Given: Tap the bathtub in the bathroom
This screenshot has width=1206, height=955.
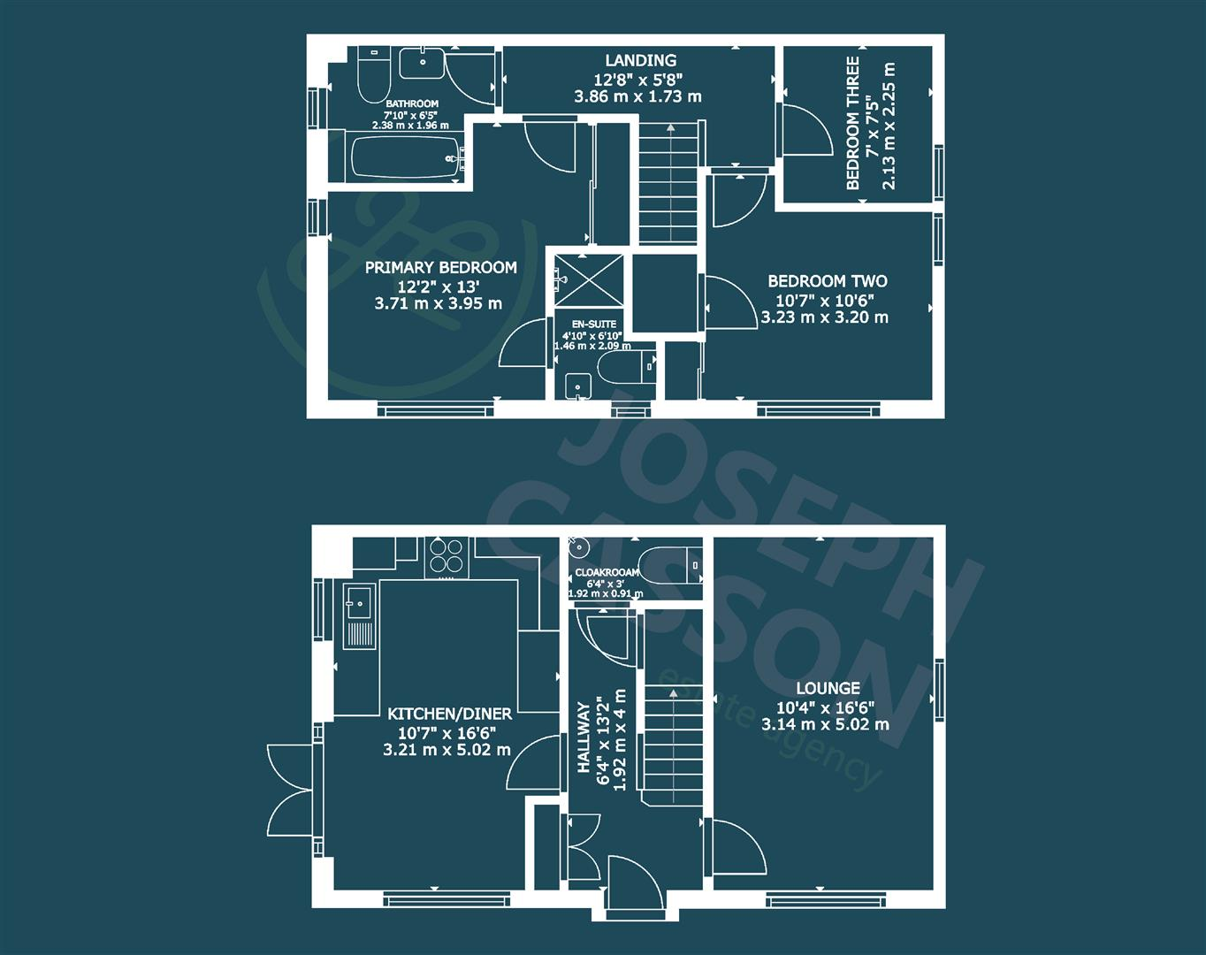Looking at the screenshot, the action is tap(407, 157).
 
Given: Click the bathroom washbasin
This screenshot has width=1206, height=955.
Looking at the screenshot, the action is tap(423, 63).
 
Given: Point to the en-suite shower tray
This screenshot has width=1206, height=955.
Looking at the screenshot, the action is tap(589, 280).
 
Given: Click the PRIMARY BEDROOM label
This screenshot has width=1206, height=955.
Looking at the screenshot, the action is tap(441, 268).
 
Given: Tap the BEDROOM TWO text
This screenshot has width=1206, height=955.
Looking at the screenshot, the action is tap(828, 281).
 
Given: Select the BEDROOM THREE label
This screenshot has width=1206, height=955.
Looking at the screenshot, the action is tap(853, 123).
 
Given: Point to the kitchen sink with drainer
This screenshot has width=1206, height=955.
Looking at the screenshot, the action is tap(359, 616).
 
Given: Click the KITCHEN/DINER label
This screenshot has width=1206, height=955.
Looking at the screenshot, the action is tap(449, 714).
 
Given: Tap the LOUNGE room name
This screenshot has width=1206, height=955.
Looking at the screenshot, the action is tap(828, 688).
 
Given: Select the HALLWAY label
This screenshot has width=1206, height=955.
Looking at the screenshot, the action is tap(584, 737).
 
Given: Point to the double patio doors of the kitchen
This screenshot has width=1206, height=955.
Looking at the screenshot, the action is tap(290, 791).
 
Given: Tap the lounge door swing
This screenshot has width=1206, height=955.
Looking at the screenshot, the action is tap(737, 847).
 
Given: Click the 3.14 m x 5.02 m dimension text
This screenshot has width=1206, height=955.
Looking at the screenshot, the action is tap(825, 724).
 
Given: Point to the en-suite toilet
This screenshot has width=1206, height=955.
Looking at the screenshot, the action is tap(627, 368).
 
